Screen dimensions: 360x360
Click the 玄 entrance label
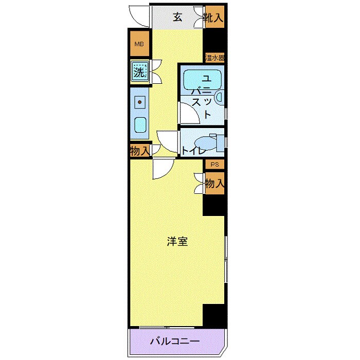(177, 17)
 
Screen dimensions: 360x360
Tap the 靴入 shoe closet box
(213, 17)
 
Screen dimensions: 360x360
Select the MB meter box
(139, 44)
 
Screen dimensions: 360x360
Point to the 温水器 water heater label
(214, 57)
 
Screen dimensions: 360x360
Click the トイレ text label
(193, 151)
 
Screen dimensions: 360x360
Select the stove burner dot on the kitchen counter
(139, 102)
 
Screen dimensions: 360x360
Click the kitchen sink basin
(139, 124)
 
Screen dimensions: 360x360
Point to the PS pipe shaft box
(214, 165)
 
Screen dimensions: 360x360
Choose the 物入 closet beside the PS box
(214, 184)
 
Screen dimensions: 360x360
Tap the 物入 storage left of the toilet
(139, 151)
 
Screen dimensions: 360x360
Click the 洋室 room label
(176, 241)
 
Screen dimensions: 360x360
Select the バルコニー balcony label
(174, 341)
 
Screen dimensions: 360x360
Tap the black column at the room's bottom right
(214, 314)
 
